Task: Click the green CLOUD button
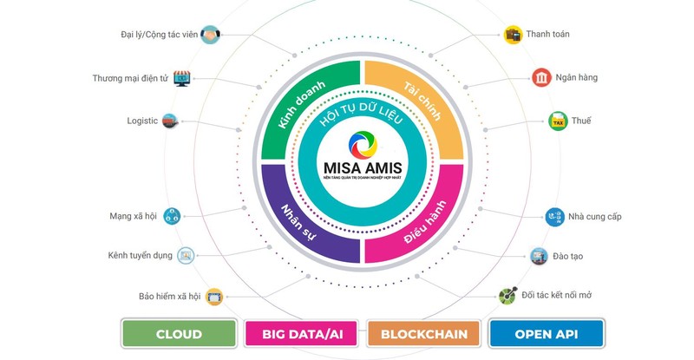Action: click(179, 334)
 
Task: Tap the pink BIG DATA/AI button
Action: click(300, 334)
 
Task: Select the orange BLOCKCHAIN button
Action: click(423, 334)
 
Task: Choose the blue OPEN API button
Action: click(546, 334)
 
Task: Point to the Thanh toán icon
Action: click(514, 35)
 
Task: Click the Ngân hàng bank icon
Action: click(541, 78)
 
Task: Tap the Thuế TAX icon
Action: click(558, 121)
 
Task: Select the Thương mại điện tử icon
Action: click(182, 78)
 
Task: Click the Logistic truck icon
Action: click(172, 121)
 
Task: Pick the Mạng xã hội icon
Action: click(171, 215)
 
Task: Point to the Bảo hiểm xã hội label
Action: click(169, 297)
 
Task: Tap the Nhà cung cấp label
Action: click(594, 216)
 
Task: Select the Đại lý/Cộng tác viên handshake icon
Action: click(210, 35)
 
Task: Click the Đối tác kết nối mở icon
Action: click(507, 297)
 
